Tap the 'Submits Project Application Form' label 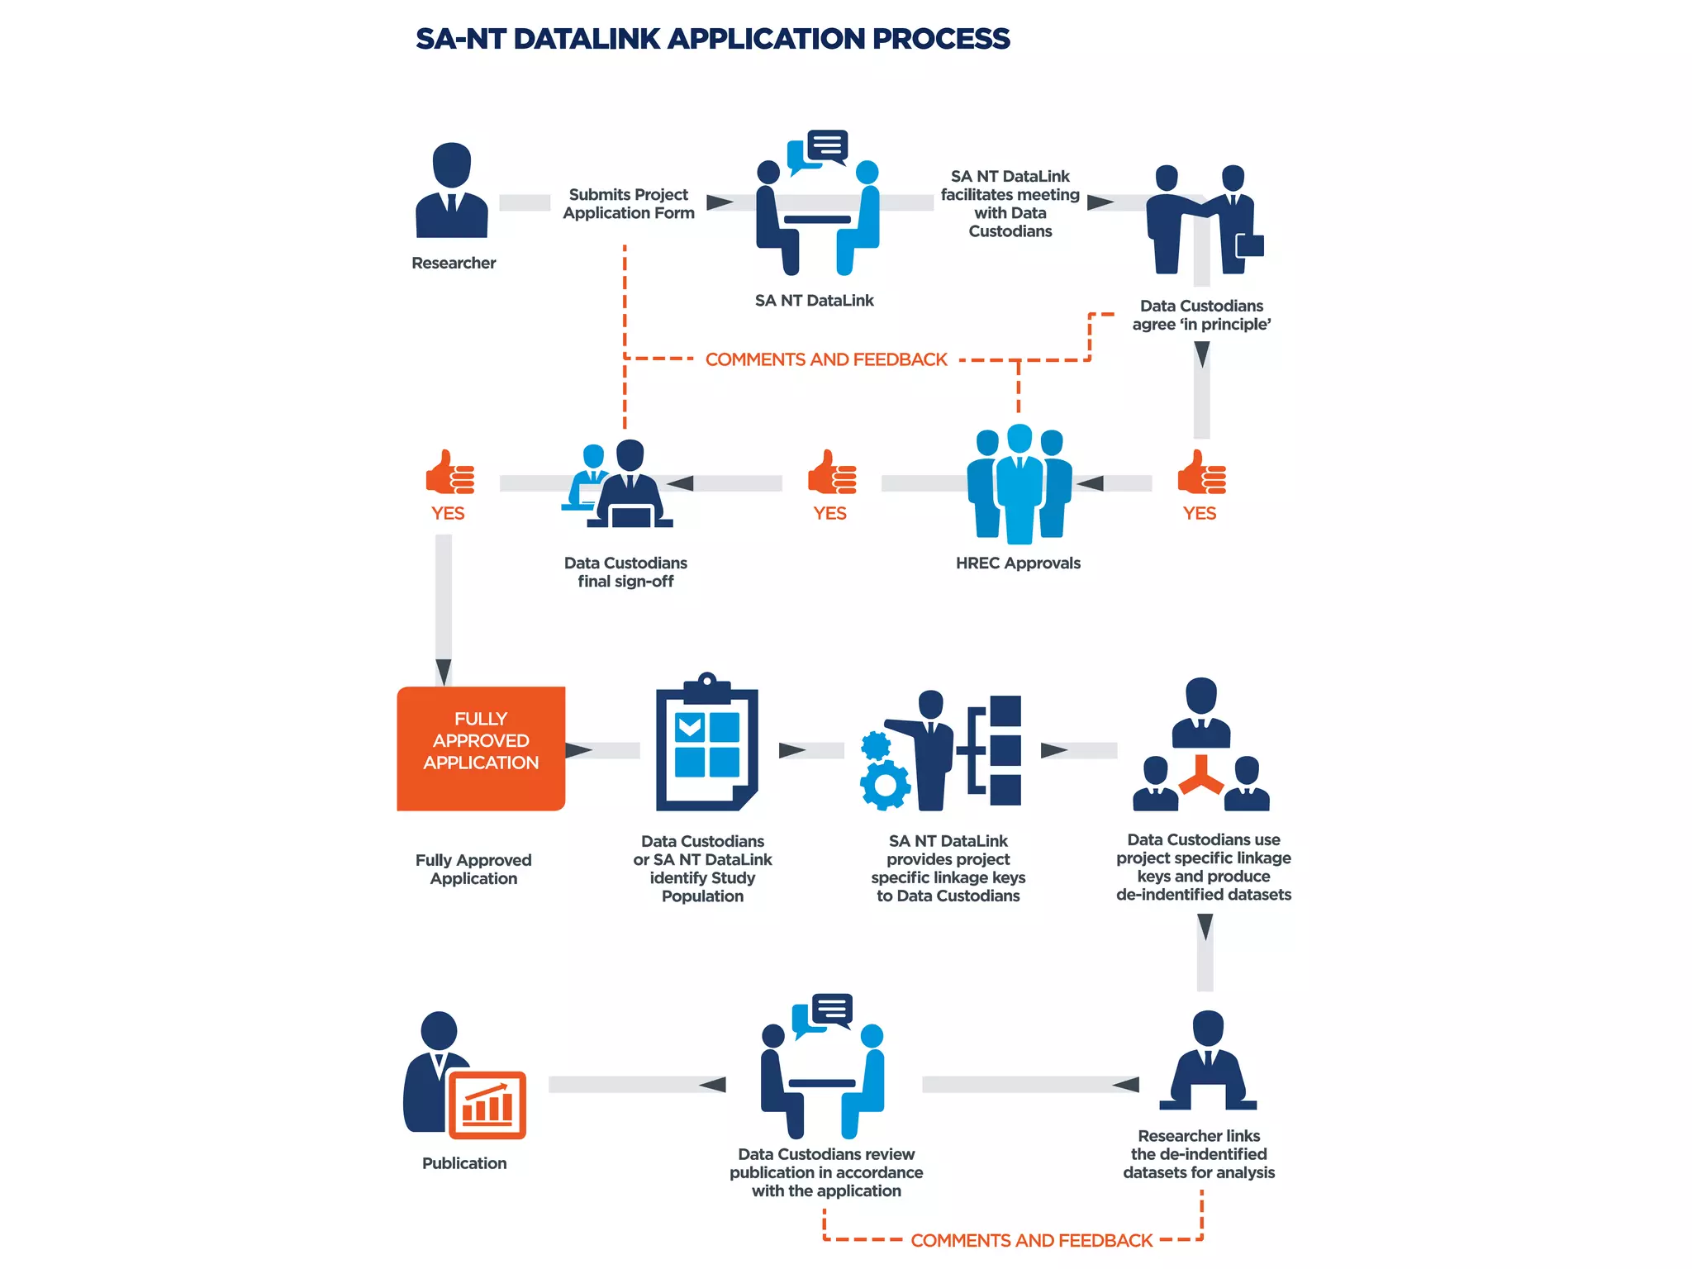point(629,204)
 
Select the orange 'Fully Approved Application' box point(481,748)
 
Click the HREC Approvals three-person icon point(1019,484)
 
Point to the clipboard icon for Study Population point(706,744)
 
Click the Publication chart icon point(487,1105)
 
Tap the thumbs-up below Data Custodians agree point(1200,473)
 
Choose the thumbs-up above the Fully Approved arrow point(449,473)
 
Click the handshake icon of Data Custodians point(1203,219)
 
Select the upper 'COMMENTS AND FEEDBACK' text point(826,360)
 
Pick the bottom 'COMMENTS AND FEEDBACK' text point(1031,1241)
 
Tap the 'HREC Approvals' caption point(1018,563)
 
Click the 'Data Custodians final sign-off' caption point(625,573)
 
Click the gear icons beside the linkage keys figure point(882,770)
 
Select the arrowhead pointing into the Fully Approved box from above point(444,672)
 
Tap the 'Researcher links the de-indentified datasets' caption point(1199,1154)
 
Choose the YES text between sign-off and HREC point(829,514)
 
